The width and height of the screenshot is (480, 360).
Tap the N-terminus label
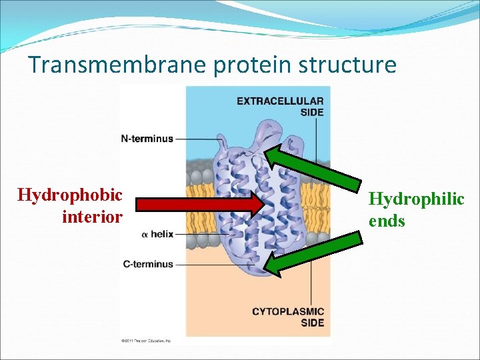[147, 139]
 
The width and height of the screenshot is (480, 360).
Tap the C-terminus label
[147, 264]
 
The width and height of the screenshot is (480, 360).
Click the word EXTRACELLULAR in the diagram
[280, 101]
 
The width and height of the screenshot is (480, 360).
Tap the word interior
[92, 217]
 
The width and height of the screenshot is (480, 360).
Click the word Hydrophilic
[416, 199]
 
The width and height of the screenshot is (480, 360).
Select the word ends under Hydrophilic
[387, 221]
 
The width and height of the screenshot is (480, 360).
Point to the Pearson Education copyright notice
[146, 340]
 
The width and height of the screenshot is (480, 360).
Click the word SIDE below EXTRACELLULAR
[311, 113]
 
